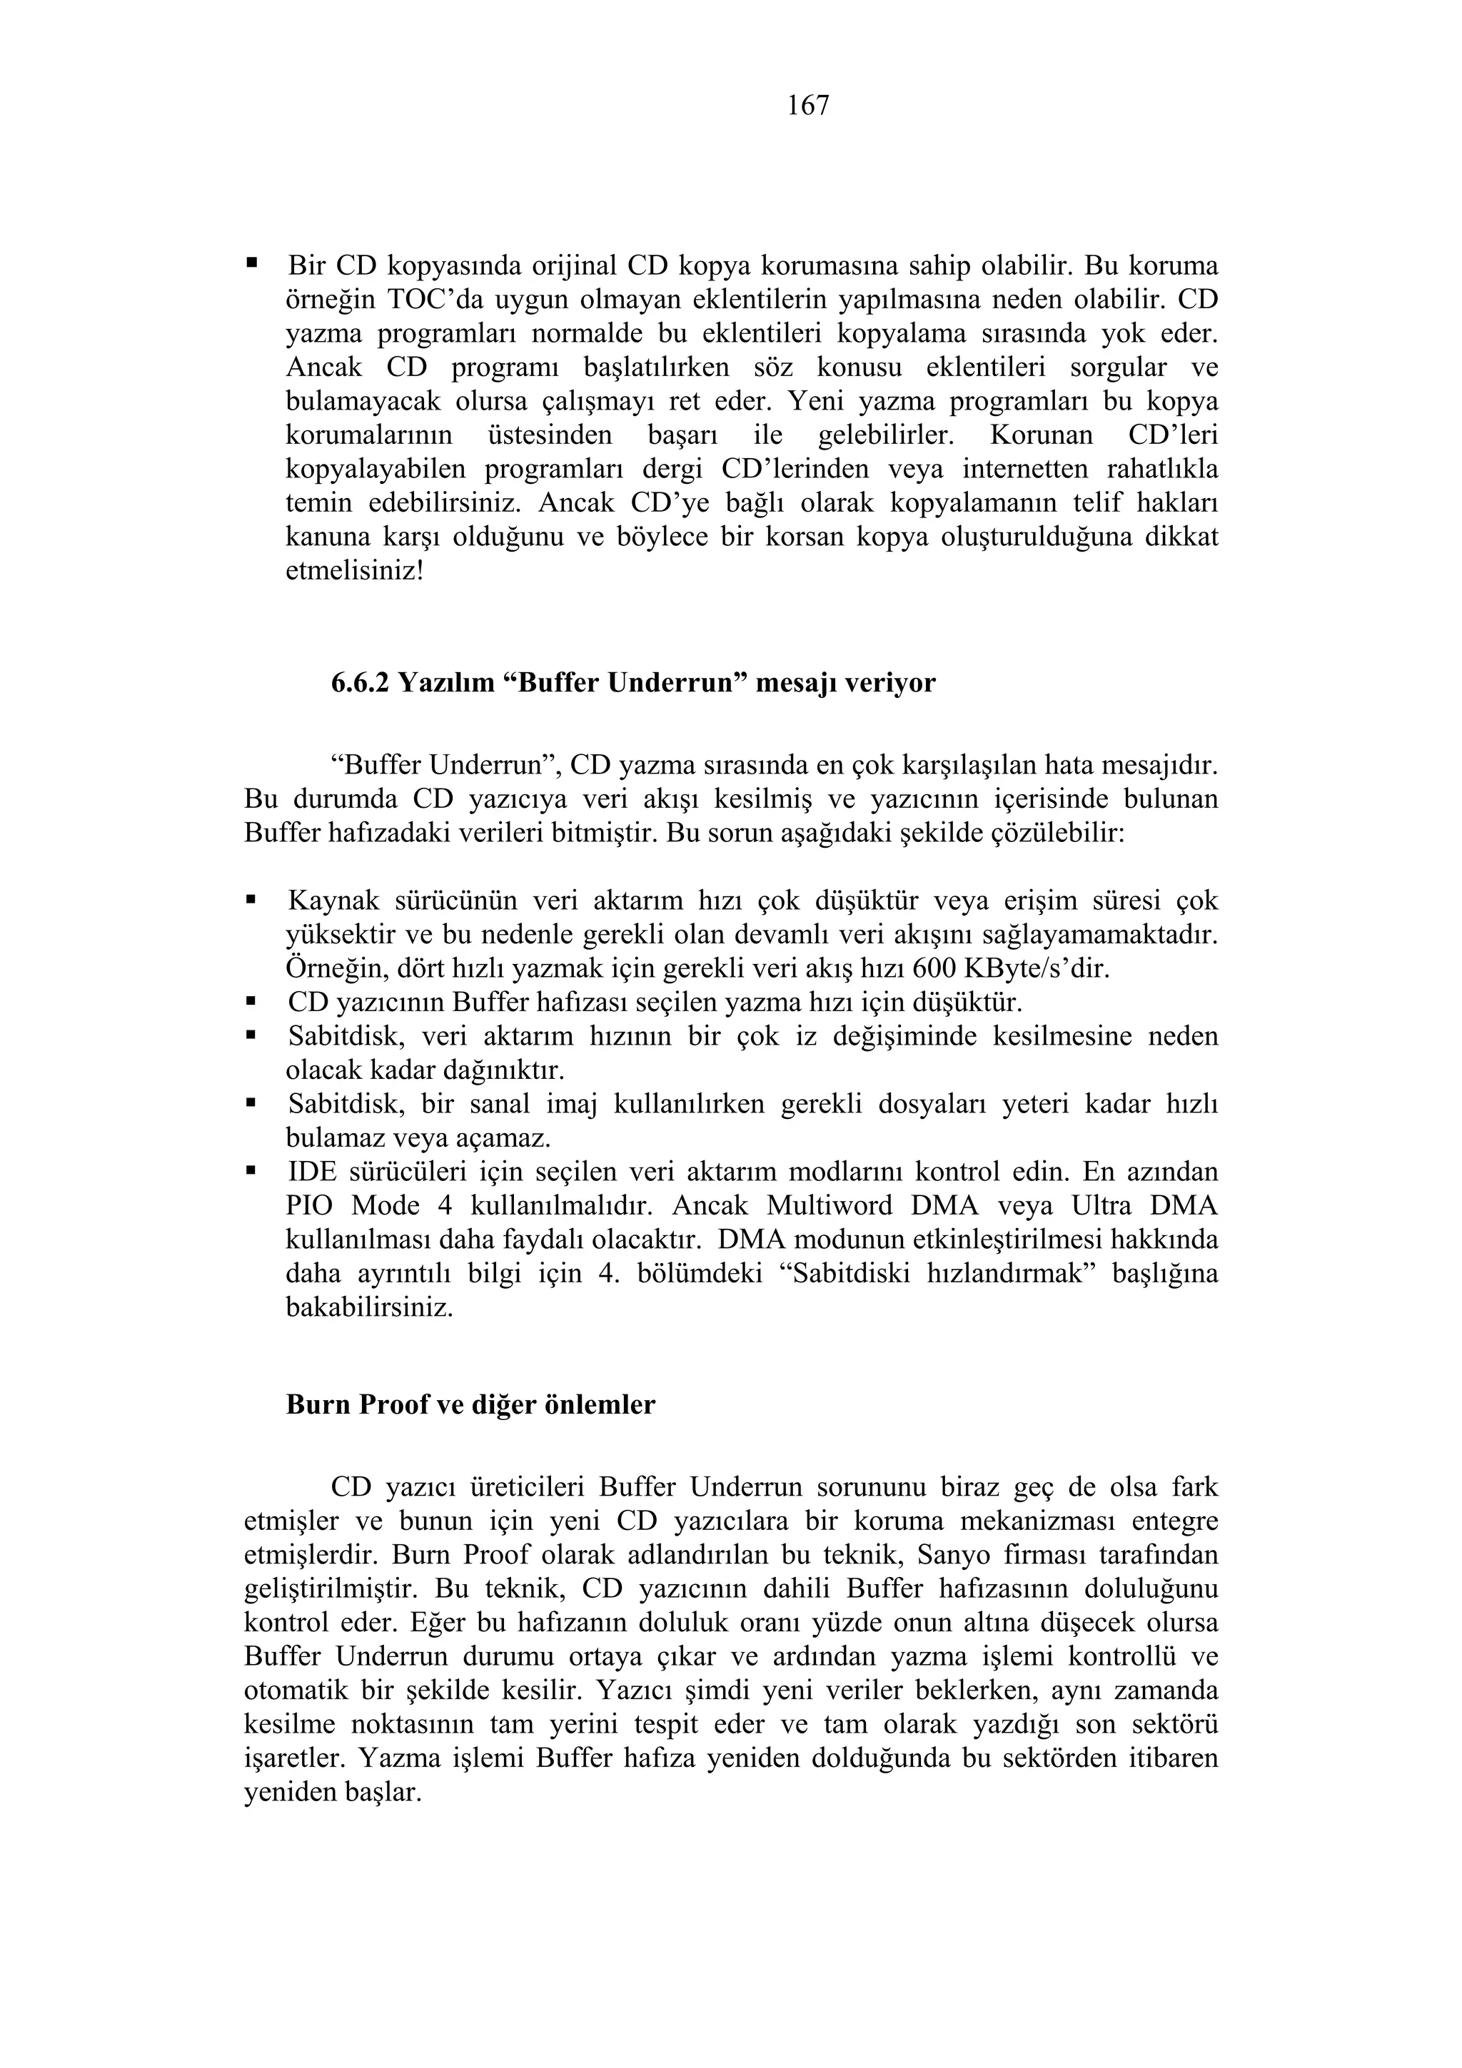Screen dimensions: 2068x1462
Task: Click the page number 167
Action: pos(808,106)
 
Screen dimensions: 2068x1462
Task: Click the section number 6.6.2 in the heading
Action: pos(361,684)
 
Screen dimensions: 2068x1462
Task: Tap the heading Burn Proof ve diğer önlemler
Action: pos(470,1405)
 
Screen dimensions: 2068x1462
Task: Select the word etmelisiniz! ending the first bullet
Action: pos(354,572)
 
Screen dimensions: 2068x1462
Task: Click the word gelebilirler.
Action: pos(884,436)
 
